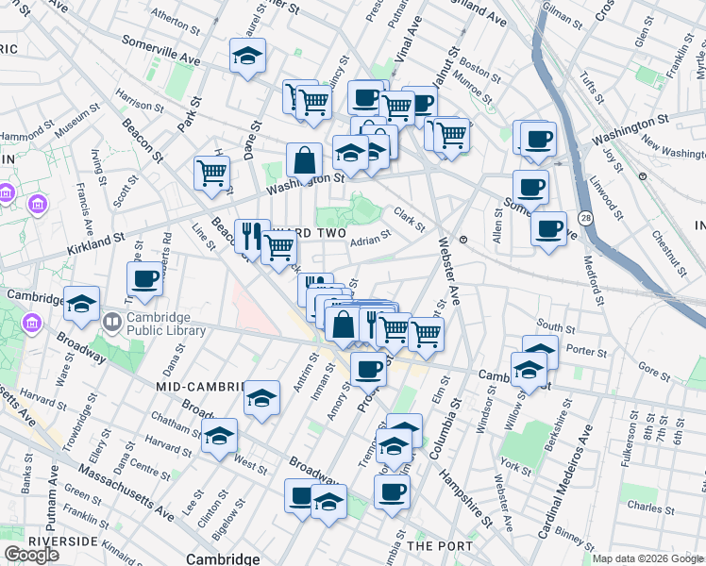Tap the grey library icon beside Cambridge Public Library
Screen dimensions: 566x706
click(x=111, y=323)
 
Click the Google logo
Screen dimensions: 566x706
click(x=31, y=554)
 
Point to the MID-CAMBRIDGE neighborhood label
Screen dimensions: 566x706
click(x=200, y=387)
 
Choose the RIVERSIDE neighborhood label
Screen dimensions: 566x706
click(x=63, y=541)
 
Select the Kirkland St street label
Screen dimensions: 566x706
click(x=95, y=239)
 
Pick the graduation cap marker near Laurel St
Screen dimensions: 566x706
click(x=247, y=57)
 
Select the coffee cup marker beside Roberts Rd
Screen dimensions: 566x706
click(x=145, y=278)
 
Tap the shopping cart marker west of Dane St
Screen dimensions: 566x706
click(x=212, y=172)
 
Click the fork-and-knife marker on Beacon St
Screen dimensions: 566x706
click(x=251, y=235)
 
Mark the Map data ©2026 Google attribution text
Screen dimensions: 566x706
click(x=648, y=558)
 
